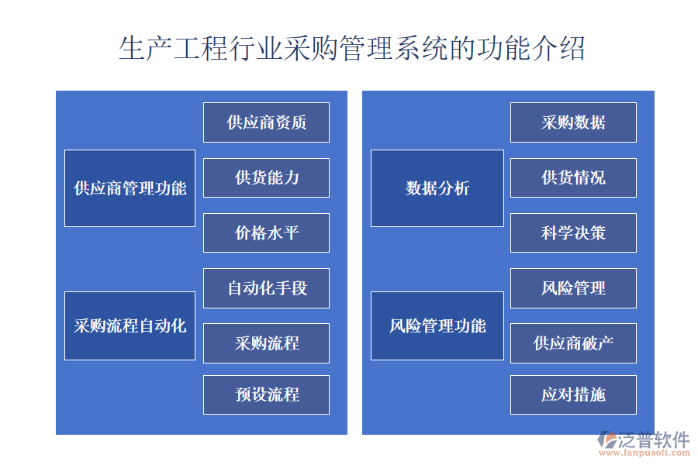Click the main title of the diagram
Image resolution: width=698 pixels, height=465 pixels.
click(x=351, y=48)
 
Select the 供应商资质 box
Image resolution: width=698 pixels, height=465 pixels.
click(x=266, y=122)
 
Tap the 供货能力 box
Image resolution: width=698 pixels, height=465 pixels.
click(x=266, y=177)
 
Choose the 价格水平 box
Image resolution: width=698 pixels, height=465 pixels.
click(x=266, y=232)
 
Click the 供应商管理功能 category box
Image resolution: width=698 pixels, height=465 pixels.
click(x=130, y=188)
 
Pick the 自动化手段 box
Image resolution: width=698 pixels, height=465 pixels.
click(x=266, y=288)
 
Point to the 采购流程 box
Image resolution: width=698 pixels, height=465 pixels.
click(x=266, y=343)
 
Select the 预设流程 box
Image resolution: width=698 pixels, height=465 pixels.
click(x=266, y=394)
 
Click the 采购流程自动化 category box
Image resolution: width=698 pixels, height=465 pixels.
click(x=130, y=325)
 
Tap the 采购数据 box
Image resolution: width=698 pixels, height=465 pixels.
click(x=573, y=122)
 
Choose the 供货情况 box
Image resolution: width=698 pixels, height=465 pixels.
click(x=573, y=177)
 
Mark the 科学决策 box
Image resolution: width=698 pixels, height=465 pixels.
click(x=573, y=232)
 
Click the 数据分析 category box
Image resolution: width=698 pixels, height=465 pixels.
click(x=437, y=188)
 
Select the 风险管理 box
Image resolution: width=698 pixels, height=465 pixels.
click(x=573, y=288)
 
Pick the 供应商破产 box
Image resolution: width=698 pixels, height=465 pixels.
click(x=573, y=343)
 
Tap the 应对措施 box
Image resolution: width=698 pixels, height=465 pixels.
click(x=573, y=394)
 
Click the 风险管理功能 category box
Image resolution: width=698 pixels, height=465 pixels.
click(x=437, y=325)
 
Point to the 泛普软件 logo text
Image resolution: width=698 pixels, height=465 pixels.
click(x=654, y=439)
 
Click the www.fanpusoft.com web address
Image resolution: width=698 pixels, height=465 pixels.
click(x=644, y=453)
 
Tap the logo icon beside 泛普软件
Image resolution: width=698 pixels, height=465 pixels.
click(x=607, y=439)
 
